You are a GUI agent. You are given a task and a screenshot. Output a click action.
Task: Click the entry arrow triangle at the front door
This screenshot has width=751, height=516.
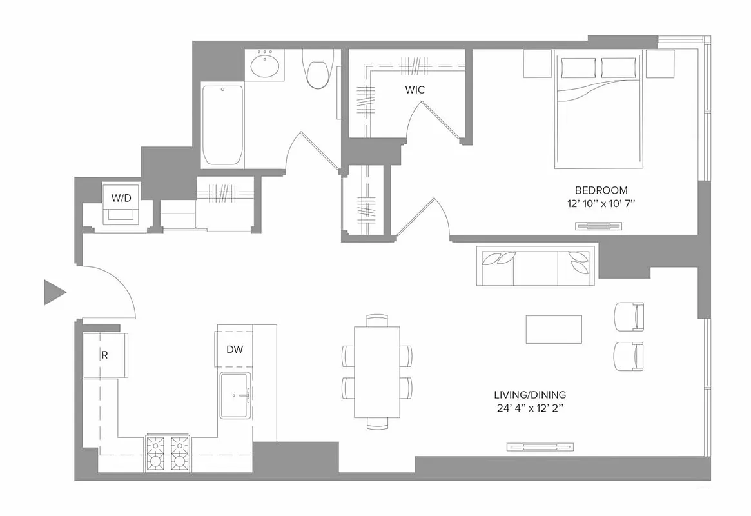[53, 292]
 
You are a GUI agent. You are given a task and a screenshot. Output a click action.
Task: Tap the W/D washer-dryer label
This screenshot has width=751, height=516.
[121, 198]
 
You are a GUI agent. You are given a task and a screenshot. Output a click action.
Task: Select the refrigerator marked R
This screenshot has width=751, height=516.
[105, 355]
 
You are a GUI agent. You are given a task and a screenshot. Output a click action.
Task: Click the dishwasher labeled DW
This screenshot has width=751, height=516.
[235, 349]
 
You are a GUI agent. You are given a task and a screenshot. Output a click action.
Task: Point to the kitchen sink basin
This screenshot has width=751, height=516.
[235, 395]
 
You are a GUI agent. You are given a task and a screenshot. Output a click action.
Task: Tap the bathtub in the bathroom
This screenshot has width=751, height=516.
[222, 124]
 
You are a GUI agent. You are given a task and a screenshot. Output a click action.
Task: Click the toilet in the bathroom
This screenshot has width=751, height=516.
[318, 70]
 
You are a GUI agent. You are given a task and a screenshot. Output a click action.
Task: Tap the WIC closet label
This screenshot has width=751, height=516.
[415, 90]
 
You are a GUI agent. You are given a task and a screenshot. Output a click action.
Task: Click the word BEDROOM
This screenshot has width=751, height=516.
[601, 190]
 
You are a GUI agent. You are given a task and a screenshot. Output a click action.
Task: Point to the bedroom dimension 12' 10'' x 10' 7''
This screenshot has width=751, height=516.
[601, 203]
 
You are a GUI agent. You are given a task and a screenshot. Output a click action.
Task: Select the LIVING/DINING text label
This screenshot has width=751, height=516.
[530, 395]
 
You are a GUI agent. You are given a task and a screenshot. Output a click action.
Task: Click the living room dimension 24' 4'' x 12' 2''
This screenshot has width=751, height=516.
[530, 408]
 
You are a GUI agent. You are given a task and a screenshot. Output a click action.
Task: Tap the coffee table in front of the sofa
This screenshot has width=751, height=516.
[554, 330]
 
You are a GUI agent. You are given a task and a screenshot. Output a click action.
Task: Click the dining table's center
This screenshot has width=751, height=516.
[377, 372]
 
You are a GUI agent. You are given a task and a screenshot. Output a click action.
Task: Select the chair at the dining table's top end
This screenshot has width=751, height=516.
[377, 320]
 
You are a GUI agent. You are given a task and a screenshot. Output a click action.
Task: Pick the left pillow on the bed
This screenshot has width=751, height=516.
[579, 68]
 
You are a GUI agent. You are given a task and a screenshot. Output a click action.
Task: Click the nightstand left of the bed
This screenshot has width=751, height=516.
[536, 63]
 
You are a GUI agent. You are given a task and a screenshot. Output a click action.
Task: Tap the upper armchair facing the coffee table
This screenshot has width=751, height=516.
[629, 316]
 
